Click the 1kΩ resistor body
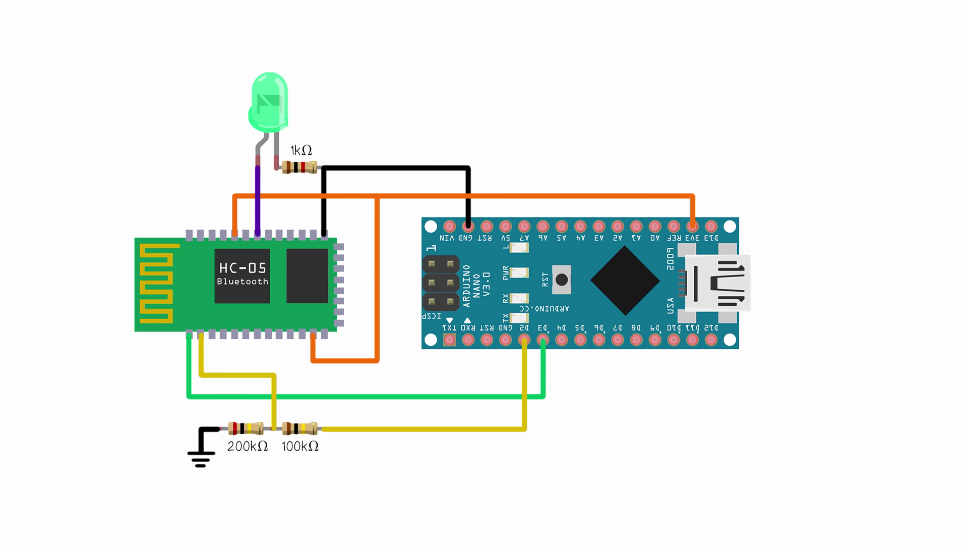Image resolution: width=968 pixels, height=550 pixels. click(299, 167)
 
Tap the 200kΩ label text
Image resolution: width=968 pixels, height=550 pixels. click(247, 447)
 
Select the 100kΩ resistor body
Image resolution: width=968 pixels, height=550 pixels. click(299, 429)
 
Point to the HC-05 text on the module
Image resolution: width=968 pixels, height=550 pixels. click(243, 268)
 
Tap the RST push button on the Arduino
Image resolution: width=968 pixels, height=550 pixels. click(561, 280)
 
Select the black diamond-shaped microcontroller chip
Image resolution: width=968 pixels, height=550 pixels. click(625, 281)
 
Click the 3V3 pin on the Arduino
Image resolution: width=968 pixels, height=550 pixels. click(692, 227)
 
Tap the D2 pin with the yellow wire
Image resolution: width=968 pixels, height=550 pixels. click(524, 340)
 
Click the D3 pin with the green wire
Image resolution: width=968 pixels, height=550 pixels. click(543, 340)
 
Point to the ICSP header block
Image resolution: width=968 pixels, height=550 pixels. click(441, 283)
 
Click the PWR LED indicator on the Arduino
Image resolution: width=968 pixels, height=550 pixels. click(519, 273)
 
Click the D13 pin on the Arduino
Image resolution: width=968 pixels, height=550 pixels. click(711, 227)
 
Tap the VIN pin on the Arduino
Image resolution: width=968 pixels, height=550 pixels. click(449, 227)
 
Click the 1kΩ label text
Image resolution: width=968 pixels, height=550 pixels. click(301, 150)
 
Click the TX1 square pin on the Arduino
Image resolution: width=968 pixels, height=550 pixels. click(449, 340)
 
